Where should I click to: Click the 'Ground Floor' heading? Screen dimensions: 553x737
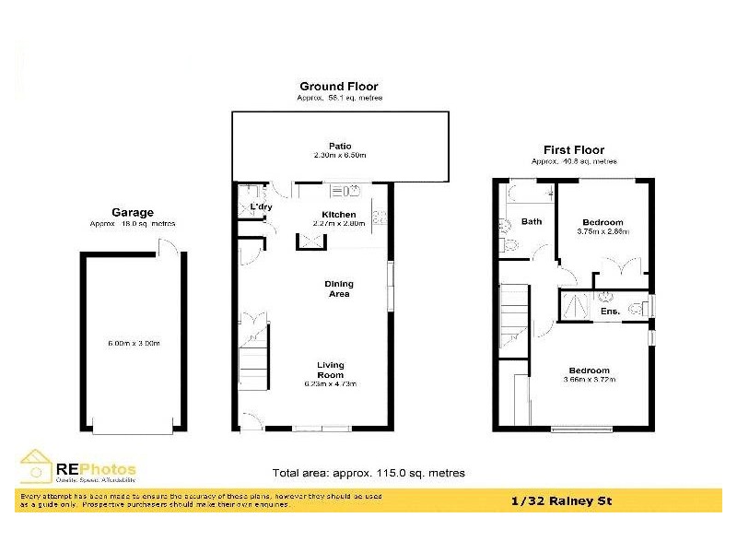coord(339,87)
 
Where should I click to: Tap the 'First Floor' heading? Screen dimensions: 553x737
coord(573,150)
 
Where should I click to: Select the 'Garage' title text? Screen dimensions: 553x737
coord(133,212)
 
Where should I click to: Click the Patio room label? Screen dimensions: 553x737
coord(340,146)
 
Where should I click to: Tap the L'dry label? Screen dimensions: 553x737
coord(260,206)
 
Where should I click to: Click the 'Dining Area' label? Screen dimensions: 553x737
coord(338,288)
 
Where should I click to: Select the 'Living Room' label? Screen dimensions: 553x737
coord(330,370)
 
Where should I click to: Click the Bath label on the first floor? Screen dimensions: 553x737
coord(532,221)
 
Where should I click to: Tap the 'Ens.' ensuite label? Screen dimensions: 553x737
coord(609,312)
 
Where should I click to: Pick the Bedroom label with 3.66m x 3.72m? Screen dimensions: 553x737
coord(589,371)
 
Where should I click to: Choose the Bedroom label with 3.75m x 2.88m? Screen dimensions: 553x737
coord(602,222)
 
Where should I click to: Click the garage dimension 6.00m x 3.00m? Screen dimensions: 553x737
coord(134,344)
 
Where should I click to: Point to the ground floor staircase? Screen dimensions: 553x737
coord(253,364)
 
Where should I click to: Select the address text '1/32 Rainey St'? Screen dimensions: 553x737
coord(560,501)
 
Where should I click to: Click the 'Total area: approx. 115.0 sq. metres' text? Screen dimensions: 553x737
coord(368,473)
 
